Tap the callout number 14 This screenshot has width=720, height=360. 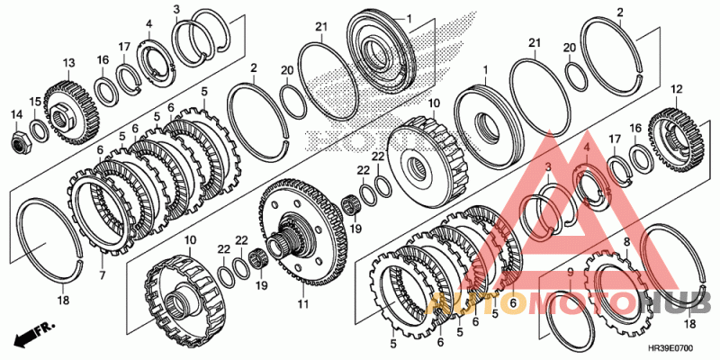[x=15, y=114]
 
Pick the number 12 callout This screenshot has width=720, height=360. [x=676, y=89]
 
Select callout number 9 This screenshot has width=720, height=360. [x=569, y=272]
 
